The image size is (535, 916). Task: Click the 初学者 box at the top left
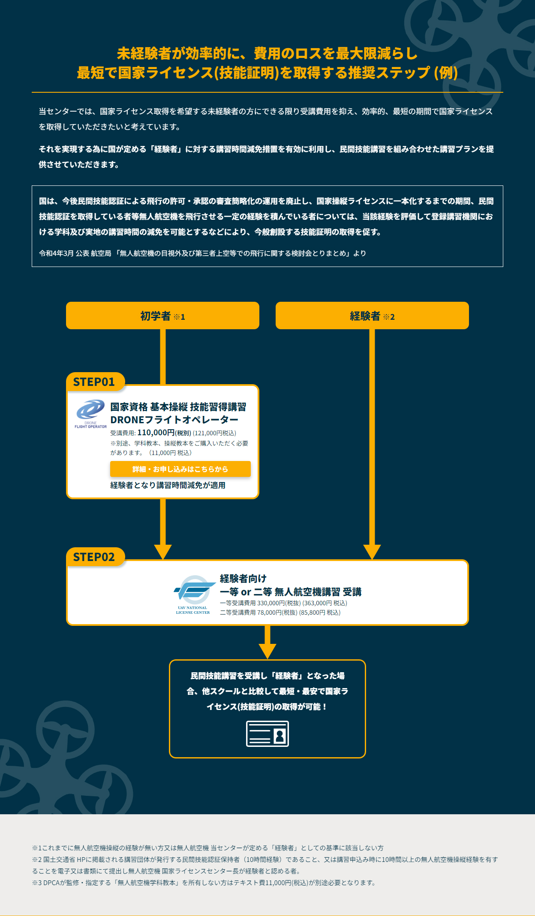point(162,315)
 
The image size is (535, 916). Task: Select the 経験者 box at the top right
point(372,315)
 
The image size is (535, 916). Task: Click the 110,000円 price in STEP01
point(156,433)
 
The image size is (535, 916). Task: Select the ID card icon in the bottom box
point(267,734)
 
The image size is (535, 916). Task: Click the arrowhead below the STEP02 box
point(267,651)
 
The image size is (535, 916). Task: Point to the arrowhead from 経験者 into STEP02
point(372,552)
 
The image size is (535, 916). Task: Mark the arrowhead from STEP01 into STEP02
point(163,552)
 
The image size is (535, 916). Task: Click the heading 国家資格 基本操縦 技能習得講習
point(178,406)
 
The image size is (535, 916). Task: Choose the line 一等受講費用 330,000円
point(283,603)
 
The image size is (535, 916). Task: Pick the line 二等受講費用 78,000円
point(280,613)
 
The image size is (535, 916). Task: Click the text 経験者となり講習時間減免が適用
point(168,485)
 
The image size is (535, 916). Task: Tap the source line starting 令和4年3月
point(202,253)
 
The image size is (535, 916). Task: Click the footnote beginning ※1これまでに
point(208,848)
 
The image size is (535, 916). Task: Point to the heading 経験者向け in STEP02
point(243,578)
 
